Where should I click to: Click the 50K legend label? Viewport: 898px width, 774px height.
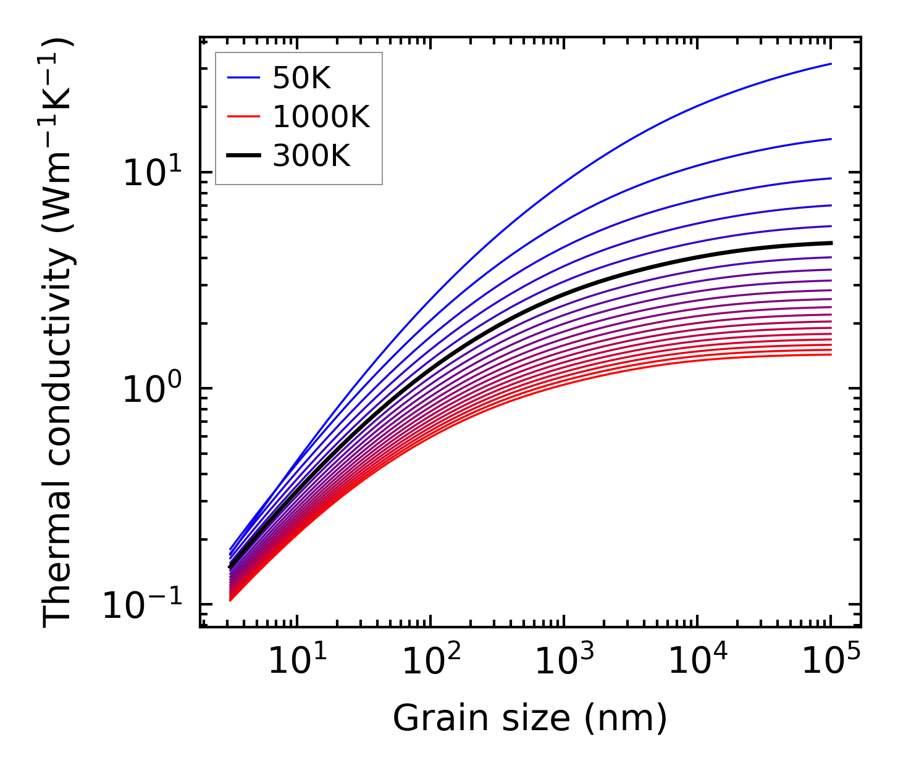[301, 78]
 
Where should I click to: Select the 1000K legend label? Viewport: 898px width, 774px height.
[321, 117]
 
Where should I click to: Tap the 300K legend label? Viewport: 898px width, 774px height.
[311, 156]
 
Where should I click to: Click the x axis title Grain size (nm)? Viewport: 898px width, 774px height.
[530, 719]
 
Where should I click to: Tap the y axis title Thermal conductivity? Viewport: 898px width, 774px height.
[59, 333]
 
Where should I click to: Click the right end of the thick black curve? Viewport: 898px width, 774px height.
[831, 243]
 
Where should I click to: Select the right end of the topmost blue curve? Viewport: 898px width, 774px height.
[831, 64]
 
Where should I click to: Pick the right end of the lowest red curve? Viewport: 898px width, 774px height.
[831, 354]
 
